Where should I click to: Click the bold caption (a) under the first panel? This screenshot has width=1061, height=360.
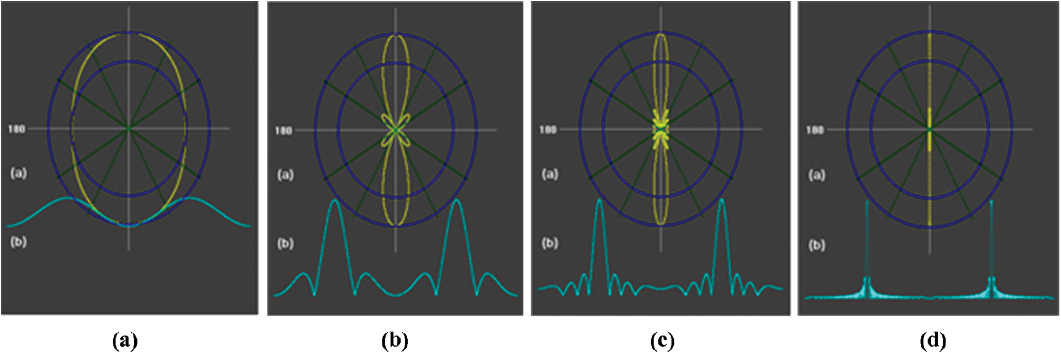125,341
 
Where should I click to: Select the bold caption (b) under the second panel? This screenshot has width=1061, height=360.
395,341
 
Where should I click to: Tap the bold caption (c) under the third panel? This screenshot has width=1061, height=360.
662,341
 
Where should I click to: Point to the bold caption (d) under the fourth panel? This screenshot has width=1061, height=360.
932,341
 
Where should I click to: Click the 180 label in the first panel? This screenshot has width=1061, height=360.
16,129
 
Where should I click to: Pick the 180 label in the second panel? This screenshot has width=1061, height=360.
283,131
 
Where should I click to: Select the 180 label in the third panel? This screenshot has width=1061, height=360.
548,130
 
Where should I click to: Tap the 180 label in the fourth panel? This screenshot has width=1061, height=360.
815,130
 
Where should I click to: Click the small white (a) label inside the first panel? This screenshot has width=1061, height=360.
19,173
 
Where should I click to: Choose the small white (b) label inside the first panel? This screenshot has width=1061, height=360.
19,241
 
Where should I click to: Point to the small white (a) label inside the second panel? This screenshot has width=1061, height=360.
285,175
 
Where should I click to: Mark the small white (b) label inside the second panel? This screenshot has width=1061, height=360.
285,243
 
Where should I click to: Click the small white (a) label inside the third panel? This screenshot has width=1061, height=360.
550,174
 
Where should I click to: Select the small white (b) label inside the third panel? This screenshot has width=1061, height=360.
550,242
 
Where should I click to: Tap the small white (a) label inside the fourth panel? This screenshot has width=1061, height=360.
816,175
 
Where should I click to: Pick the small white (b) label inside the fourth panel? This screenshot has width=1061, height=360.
816,245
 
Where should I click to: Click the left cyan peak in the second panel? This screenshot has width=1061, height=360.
335,201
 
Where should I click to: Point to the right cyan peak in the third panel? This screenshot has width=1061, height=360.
722,200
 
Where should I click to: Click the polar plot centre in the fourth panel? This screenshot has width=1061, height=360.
929,130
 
